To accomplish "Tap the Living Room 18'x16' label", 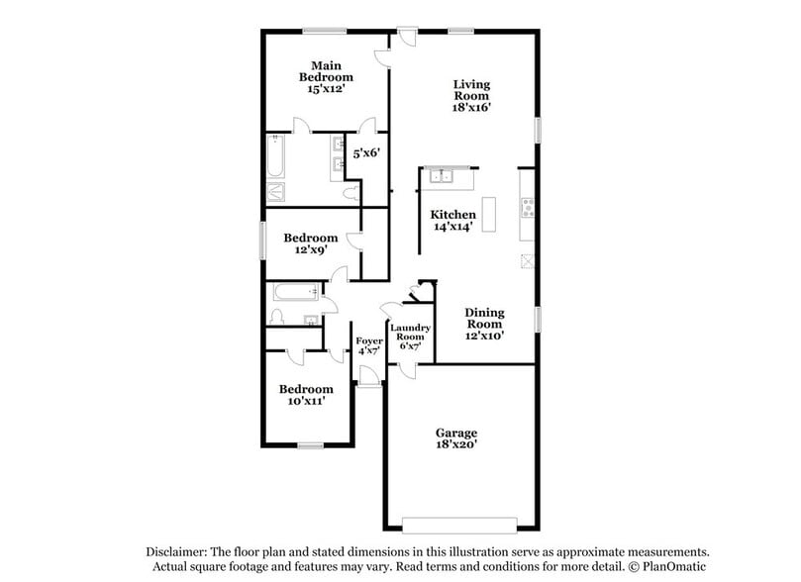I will click(x=472, y=96).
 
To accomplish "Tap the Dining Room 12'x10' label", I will click(x=485, y=324).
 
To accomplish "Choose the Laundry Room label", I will click(x=409, y=337).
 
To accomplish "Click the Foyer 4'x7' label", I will click(x=369, y=345).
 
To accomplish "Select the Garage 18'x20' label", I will click(x=456, y=439).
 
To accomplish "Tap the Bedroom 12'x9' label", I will click(x=310, y=243).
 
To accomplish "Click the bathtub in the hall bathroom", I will click(x=295, y=291).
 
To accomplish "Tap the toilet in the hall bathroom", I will click(x=278, y=317).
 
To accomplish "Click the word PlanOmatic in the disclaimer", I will click(x=677, y=567).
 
